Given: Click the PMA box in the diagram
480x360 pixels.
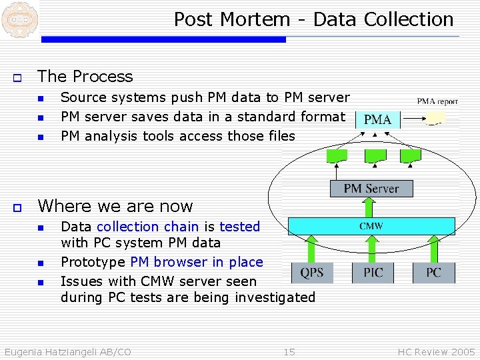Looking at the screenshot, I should [x=378, y=120].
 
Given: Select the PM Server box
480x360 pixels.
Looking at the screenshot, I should [x=371, y=189].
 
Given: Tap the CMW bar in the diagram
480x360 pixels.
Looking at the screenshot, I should [x=371, y=227].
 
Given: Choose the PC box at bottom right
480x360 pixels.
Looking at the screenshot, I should [x=433, y=273].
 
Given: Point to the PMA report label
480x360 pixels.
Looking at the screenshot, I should [x=437, y=101].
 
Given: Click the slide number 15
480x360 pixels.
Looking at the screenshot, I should [x=289, y=351].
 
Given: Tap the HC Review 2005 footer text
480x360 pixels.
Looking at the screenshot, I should [x=436, y=351].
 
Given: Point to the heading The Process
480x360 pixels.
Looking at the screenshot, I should [x=85, y=77].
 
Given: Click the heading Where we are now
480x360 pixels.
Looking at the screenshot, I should [x=115, y=206].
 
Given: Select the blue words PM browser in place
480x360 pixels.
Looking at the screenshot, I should [x=197, y=262].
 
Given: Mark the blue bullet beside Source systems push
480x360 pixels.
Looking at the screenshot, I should [x=40, y=99].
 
